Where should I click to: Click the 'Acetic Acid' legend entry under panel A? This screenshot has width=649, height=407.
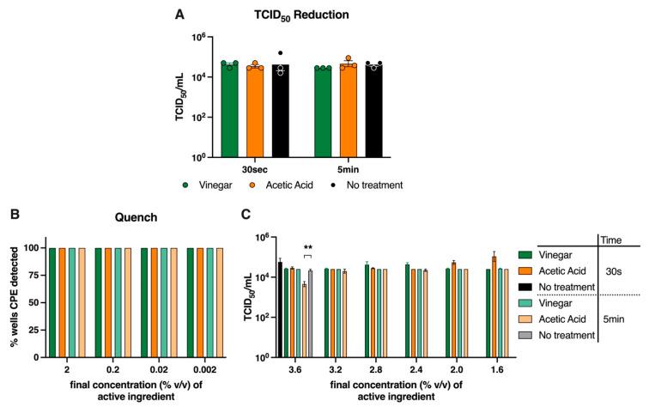tap(285, 185)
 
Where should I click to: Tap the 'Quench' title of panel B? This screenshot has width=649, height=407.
tap(134, 218)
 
